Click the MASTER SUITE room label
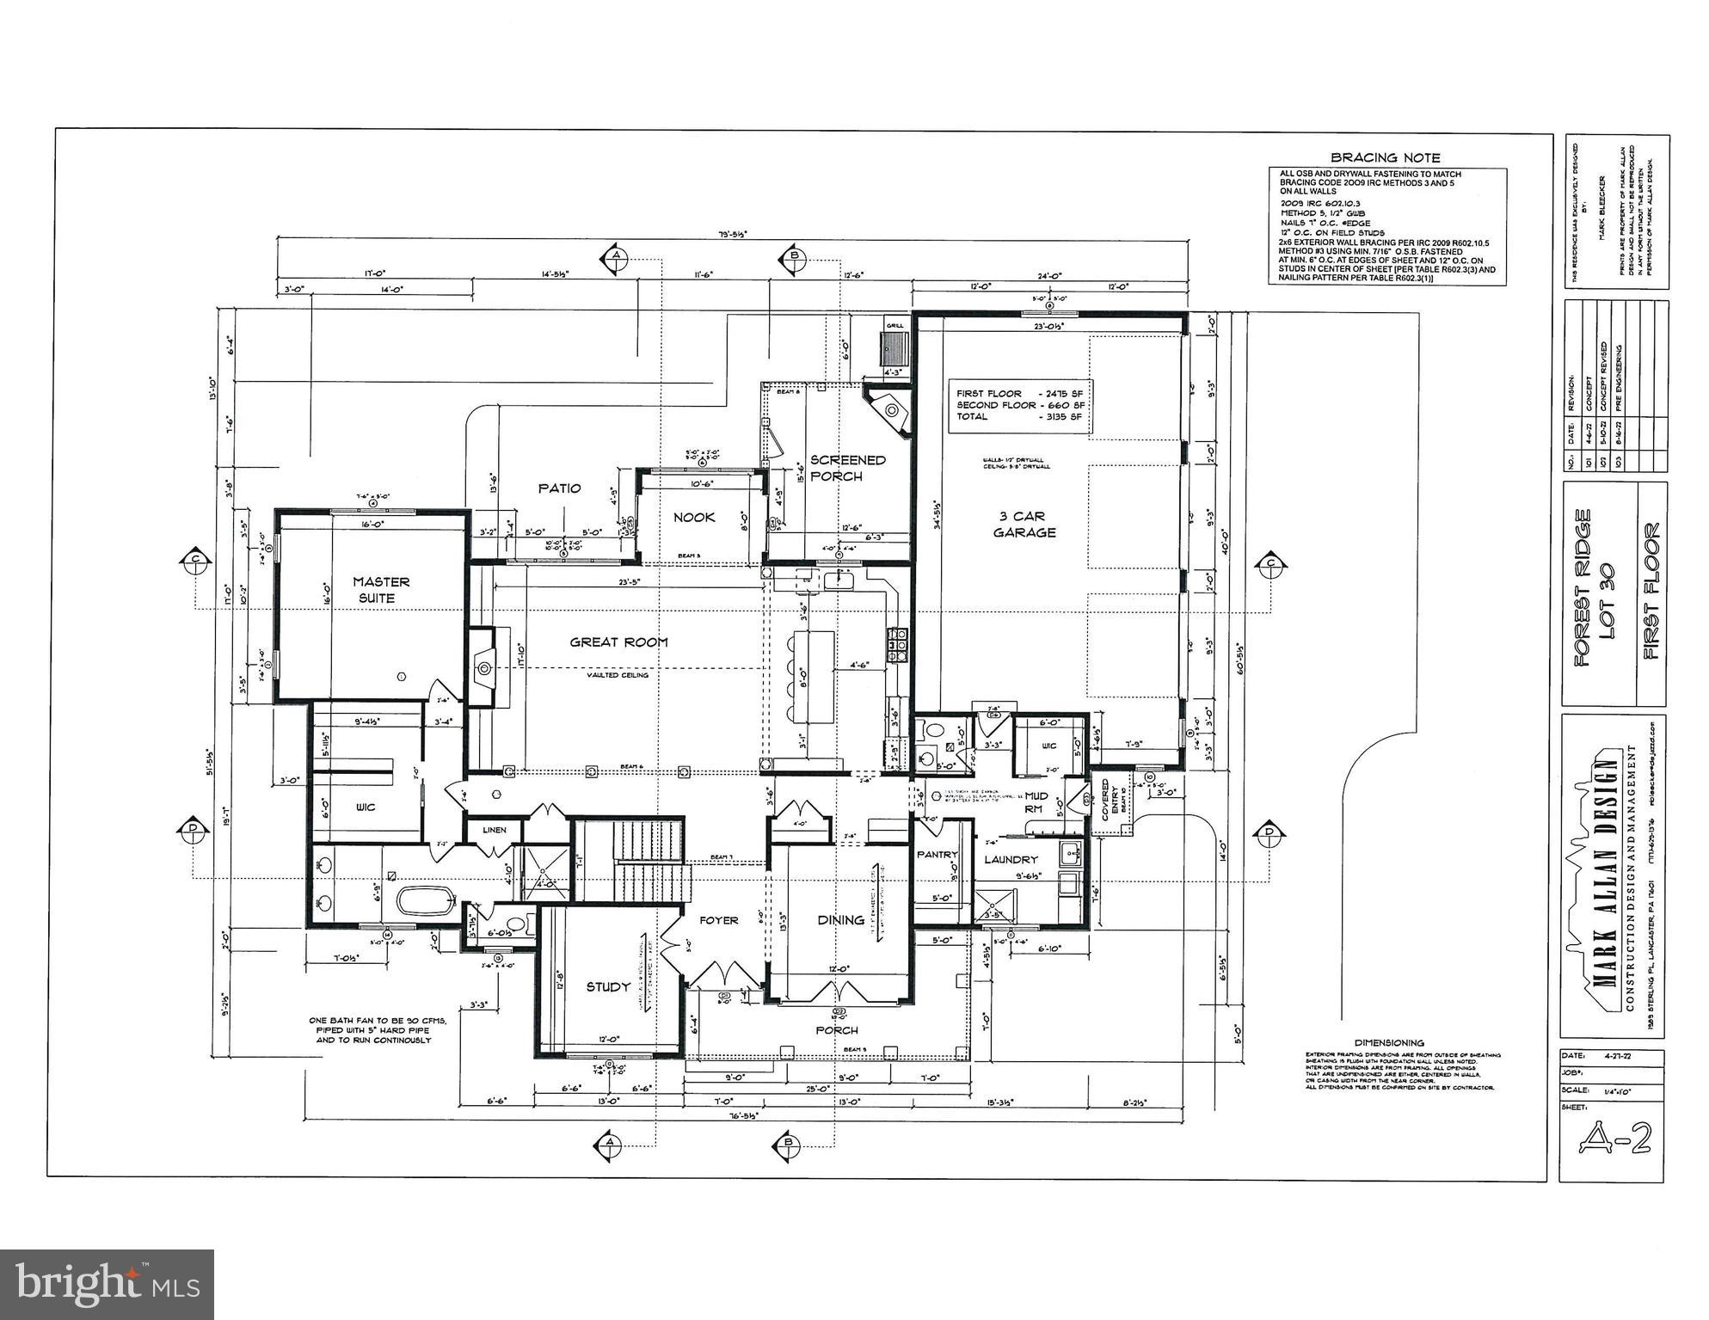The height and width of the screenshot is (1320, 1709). click(x=381, y=590)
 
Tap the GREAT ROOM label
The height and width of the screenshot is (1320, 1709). click(x=618, y=642)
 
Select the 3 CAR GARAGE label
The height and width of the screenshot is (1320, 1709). click(x=1024, y=525)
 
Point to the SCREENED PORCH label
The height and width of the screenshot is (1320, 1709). click(x=847, y=468)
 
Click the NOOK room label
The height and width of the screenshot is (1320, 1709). click(x=694, y=517)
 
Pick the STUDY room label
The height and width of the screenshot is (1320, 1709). click(x=608, y=986)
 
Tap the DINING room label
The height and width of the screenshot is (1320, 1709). click(x=840, y=919)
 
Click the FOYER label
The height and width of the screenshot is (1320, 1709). click(x=718, y=920)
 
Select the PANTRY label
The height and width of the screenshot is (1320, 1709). click(x=937, y=855)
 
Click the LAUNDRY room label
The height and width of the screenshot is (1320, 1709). click(x=1011, y=859)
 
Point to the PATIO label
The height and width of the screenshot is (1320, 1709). click(x=559, y=488)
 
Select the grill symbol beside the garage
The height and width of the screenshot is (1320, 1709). click(x=895, y=349)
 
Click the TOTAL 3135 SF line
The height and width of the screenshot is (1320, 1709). click(x=1019, y=416)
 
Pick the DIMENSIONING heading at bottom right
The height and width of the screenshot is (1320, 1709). click(x=1389, y=1043)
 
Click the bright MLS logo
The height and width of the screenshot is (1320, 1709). click(x=107, y=1283)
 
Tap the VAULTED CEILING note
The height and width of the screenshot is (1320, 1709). click(x=618, y=675)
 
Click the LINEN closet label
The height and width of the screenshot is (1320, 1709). click(x=495, y=830)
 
